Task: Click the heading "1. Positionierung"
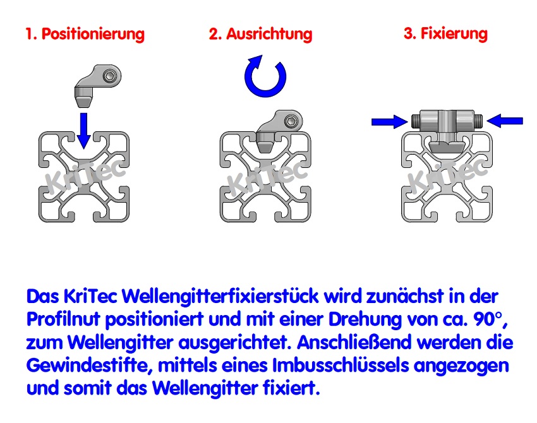(85, 33)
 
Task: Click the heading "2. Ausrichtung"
(260, 33)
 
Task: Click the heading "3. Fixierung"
(445, 33)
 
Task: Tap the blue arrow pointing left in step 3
(505, 120)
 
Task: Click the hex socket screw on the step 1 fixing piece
(111, 76)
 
